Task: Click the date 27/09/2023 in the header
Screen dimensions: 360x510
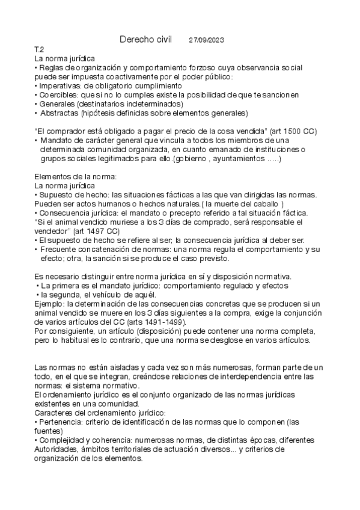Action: coord(207,40)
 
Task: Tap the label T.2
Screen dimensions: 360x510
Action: coord(40,49)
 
